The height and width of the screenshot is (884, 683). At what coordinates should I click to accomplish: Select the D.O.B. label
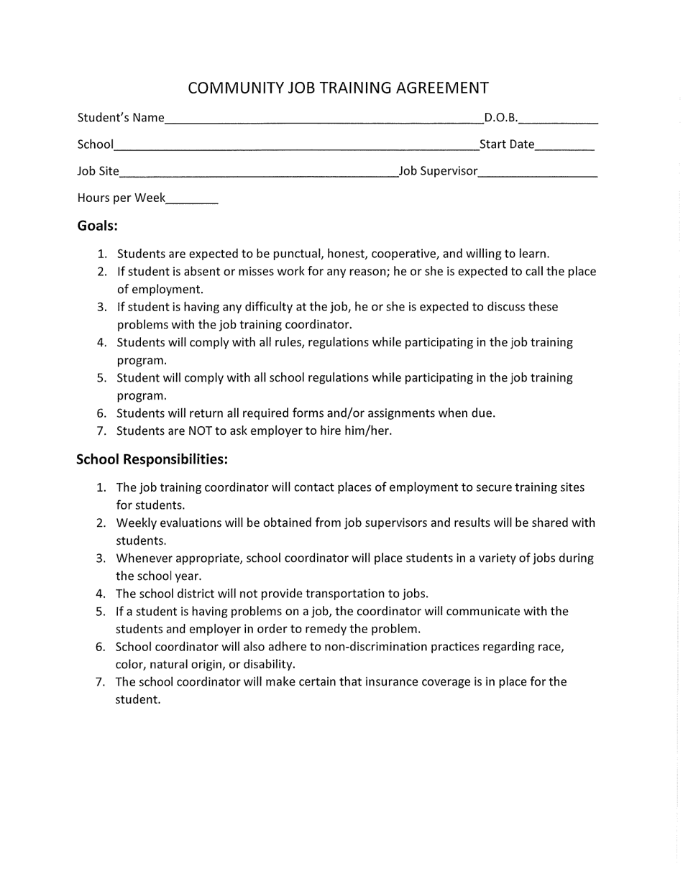(501, 118)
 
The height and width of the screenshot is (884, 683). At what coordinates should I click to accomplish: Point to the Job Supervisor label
(439, 171)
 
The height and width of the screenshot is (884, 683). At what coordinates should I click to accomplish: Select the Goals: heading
(97, 226)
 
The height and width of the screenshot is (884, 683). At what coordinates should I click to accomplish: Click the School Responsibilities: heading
(152, 459)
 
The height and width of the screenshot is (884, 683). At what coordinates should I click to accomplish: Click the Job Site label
(98, 171)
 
